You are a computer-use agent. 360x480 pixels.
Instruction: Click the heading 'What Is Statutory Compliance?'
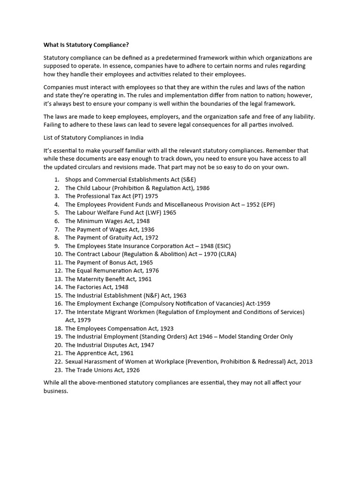pos(86,45)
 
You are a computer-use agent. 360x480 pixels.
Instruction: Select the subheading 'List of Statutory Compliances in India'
pos(93,137)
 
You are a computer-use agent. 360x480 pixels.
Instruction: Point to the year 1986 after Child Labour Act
pos(203,188)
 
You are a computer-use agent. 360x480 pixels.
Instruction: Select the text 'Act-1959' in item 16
pos(257,304)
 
